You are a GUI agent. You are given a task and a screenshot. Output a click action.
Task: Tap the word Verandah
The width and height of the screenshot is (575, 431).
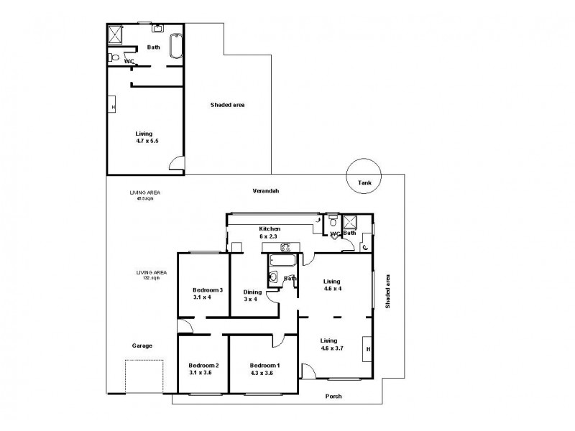click(x=265, y=191)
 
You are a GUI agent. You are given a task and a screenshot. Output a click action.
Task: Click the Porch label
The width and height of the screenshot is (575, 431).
click(x=333, y=397)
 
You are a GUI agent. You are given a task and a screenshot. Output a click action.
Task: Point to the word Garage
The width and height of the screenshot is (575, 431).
click(x=142, y=346)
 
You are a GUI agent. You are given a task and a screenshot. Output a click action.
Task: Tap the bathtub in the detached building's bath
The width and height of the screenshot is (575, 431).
click(x=176, y=47)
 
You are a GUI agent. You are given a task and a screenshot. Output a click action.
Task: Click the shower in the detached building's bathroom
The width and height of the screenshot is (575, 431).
click(x=116, y=34)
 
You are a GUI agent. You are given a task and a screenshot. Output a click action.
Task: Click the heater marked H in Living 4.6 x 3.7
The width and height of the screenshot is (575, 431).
click(x=367, y=349)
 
